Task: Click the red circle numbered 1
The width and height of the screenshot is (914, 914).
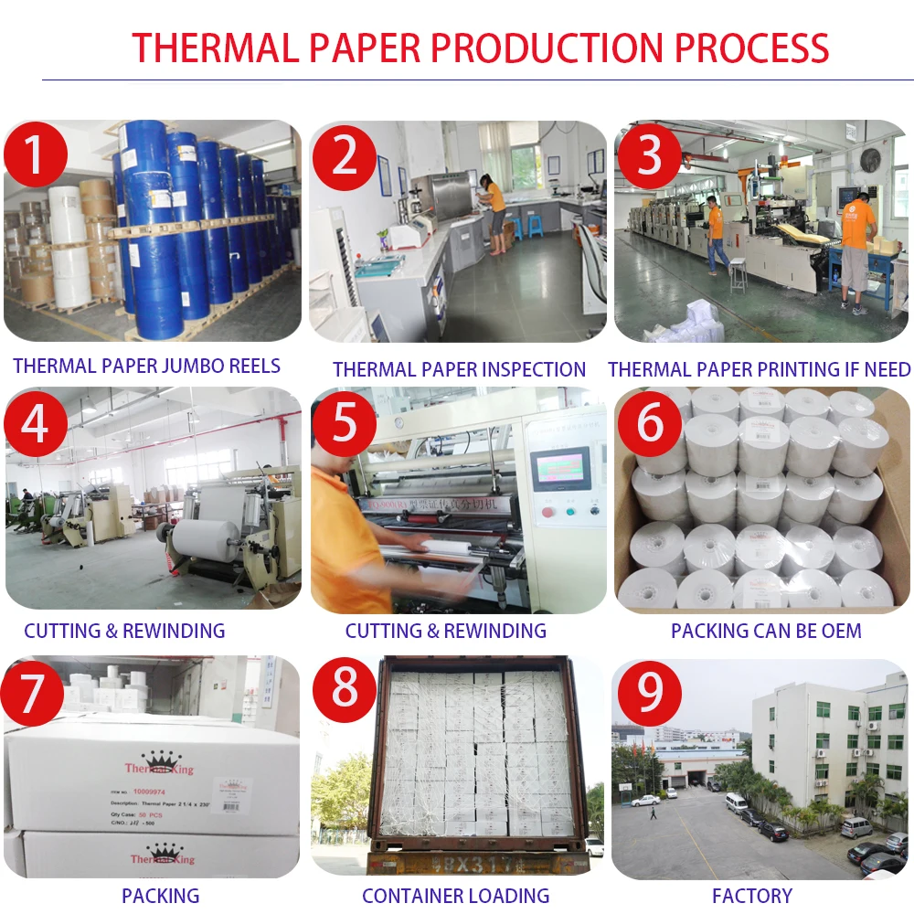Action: [x=35, y=154]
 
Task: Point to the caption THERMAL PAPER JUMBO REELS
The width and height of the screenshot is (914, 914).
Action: [x=146, y=367]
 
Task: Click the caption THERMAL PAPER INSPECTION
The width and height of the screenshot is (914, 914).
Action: [x=459, y=369]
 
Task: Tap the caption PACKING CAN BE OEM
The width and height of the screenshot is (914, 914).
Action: [x=766, y=631]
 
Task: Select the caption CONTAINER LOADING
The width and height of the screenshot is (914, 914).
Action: [x=455, y=896]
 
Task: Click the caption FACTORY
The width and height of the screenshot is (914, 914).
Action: [x=752, y=896]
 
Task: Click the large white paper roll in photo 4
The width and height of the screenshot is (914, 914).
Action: [x=206, y=538]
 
